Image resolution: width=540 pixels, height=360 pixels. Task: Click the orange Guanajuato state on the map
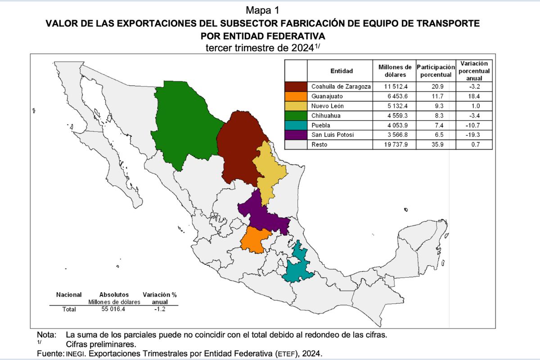click(254, 238)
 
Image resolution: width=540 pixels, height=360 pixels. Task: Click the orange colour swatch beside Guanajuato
click(296, 96)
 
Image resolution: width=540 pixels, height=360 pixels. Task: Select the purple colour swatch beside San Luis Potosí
click(296, 135)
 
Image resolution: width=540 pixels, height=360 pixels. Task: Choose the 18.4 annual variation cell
click(474, 96)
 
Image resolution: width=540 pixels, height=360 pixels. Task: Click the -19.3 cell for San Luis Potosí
click(474, 135)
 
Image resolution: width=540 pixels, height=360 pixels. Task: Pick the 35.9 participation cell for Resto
click(436, 145)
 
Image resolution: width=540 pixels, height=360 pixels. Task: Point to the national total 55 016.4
click(114, 310)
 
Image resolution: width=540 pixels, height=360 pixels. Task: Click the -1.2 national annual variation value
click(159, 310)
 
